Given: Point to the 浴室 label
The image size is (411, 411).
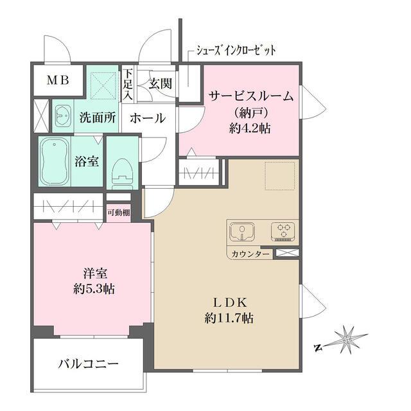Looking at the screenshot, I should tap(87, 161).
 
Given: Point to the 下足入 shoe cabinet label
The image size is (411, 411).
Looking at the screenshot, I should tap(128, 85).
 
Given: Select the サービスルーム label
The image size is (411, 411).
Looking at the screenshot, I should tap(251, 97).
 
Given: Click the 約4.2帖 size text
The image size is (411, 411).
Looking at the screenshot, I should tap(251, 128).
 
